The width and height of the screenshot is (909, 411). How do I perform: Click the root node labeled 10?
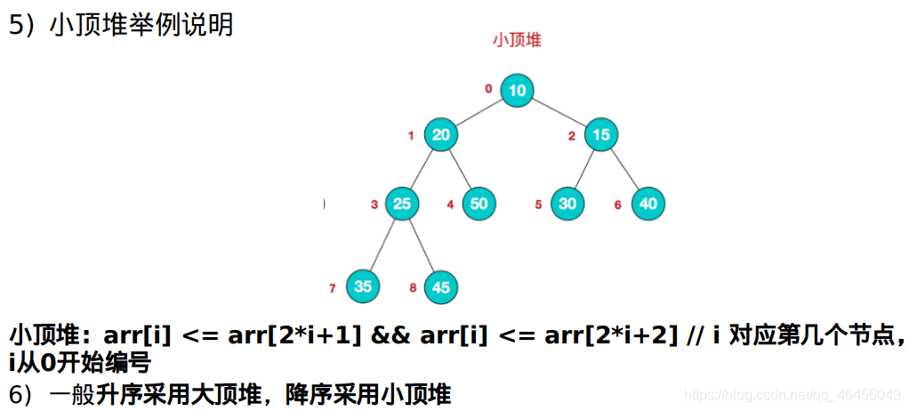tap(518, 90)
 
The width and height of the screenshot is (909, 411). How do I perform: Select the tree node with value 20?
tap(440, 135)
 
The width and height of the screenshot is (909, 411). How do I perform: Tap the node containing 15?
tap(602, 135)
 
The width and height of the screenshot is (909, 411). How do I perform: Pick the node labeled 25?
tap(402, 204)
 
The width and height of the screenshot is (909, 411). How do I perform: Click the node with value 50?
tap(479, 204)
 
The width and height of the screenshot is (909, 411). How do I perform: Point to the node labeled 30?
tap(567, 204)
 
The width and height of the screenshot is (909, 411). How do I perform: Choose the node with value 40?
tap(648, 204)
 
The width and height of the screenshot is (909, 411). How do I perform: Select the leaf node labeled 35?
tap(362, 286)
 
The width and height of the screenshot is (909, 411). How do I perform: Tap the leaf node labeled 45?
tap(441, 286)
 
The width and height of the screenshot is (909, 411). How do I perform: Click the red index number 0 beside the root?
tap(488, 89)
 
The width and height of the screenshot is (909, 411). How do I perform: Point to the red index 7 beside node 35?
tap(332, 288)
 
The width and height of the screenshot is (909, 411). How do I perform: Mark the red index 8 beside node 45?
tap(413, 288)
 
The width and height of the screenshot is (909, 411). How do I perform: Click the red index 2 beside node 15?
tap(573, 136)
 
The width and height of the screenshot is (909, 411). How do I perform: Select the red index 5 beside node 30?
tap(538, 205)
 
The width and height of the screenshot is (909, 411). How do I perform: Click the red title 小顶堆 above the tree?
tap(518, 40)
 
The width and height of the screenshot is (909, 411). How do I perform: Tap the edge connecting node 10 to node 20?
tap(479, 112)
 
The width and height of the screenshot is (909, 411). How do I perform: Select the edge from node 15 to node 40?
tap(625, 169)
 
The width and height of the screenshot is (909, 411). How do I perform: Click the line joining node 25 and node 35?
tap(382, 245)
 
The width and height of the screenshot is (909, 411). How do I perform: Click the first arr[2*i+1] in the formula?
tap(302, 336)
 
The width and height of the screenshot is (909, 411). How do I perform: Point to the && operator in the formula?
tap(388, 336)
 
